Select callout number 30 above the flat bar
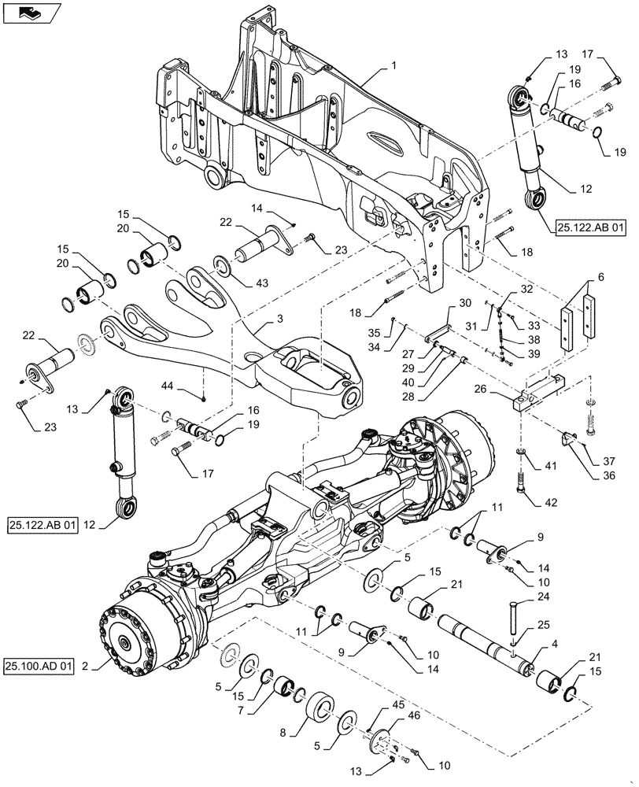point(464,303)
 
